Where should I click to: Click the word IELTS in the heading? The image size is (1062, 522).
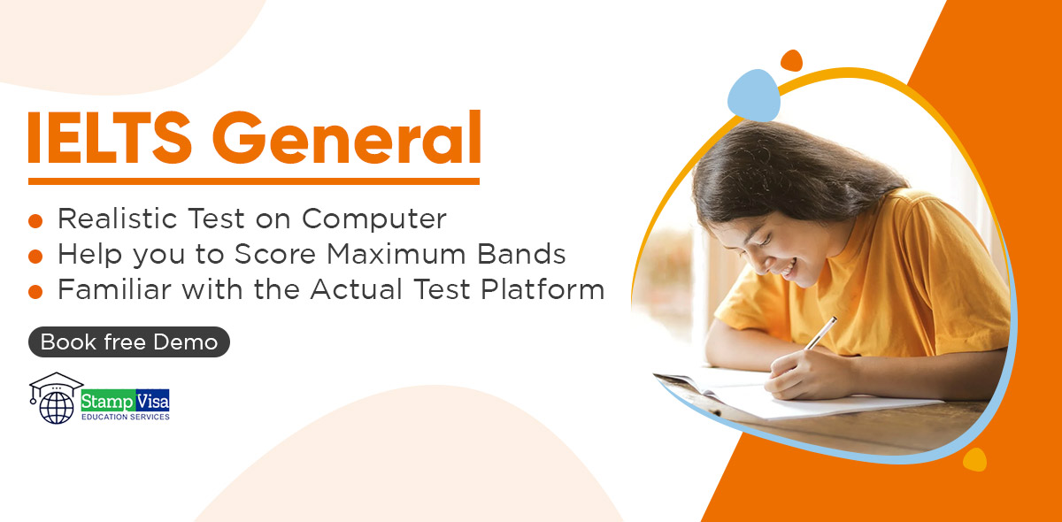click(x=110, y=137)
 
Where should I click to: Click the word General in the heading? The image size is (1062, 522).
click(x=347, y=137)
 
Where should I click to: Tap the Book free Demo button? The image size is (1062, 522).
click(x=129, y=342)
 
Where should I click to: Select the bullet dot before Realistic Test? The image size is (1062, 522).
click(x=35, y=221)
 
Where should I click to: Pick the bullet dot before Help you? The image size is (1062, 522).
click(x=35, y=257)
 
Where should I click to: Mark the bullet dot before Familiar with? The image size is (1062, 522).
click(x=35, y=292)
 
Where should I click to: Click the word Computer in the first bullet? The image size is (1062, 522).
click(x=374, y=219)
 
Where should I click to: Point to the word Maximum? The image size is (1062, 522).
click(x=396, y=254)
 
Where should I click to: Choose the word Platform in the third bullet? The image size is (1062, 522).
click(x=543, y=288)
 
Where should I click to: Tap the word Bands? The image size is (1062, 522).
click(x=521, y=254)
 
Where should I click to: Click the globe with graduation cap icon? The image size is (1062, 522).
click(x=56, y=398)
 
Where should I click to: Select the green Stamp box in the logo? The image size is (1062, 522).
click(x=108, y=402)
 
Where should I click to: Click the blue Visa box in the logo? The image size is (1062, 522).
click(x=152, y=402)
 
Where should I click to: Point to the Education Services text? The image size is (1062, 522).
click(x=125, y=417)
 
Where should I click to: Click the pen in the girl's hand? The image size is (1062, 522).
click(x=820, y=334)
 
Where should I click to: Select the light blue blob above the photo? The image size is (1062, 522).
click(x=754, y=95)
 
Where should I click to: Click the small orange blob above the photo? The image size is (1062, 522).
click(x=791, y=61)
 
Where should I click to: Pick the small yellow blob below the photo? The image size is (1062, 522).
click(x=974, y=459)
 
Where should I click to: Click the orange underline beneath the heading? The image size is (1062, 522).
click(x=254, y=181)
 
